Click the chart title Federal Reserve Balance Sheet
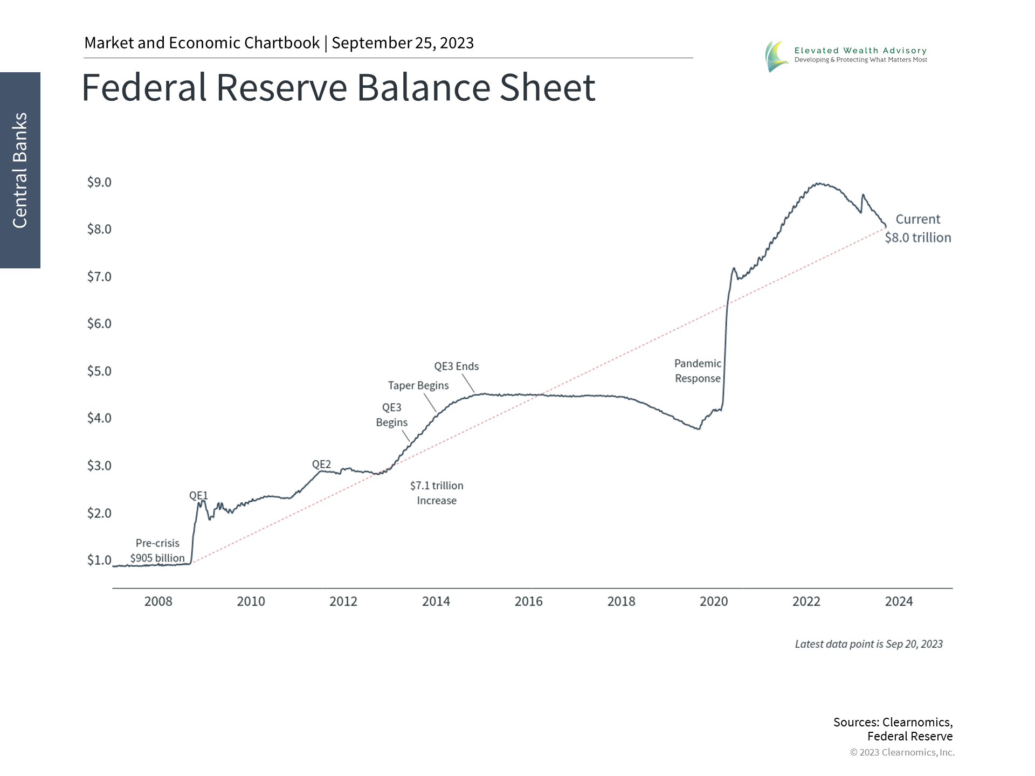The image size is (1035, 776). [x=338, y=87]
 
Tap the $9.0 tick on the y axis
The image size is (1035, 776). [x=99, y=182]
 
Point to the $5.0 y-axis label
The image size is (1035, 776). [x=99, y=371]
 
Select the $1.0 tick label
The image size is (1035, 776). [x=99, y=560]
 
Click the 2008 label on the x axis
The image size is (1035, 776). [x=158, y=601]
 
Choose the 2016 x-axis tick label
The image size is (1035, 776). [x=528, y=601]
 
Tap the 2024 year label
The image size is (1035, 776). [x=899, y=601]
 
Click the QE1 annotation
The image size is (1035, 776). [x=198, y=495]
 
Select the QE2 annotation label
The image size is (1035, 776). [x=321, y=464]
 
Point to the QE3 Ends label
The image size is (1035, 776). [x=456, y=366]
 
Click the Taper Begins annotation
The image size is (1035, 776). [x=418, y=385]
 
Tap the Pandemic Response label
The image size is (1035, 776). [x=698, y=371]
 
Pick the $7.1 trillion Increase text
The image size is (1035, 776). [x=437, y=493]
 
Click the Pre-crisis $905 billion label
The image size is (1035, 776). [x=157, y=551]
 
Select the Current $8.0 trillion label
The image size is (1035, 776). [x=917, y=228]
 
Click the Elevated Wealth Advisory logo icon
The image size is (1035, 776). [x=776, y=56]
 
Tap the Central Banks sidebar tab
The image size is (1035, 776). [x=20, y=170]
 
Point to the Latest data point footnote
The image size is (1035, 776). [x=868, y=644]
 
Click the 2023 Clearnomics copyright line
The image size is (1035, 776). [x=902, y=752]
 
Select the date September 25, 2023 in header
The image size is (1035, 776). [x=403, y=43]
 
